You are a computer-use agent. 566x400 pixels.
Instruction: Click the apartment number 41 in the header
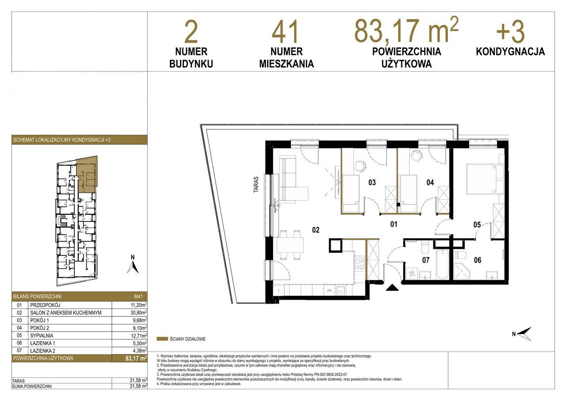point(286,32)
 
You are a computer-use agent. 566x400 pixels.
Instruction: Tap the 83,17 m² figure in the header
point(406,30)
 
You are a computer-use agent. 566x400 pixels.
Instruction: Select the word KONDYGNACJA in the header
point(510,52)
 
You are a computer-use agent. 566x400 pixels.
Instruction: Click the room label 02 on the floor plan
point(316,230)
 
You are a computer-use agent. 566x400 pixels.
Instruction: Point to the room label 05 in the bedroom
point(477,225)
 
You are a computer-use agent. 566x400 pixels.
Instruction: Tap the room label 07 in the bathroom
point(426,260)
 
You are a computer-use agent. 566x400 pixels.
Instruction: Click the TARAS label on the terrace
point(256,185)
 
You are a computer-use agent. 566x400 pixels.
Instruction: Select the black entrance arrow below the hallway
point(392,287)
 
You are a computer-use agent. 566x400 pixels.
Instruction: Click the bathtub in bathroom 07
point(442,264)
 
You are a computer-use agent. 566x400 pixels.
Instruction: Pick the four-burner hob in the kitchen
point(359,263)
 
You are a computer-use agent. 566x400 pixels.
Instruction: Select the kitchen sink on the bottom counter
point(341,291)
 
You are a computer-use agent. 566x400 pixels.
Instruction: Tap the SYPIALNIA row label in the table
point(42,335)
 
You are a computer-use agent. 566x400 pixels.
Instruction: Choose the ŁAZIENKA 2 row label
point(43,351)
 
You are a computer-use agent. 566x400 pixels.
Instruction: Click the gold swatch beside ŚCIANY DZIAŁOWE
point(162,339)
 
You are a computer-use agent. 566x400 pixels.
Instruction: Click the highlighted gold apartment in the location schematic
point(86,174)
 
